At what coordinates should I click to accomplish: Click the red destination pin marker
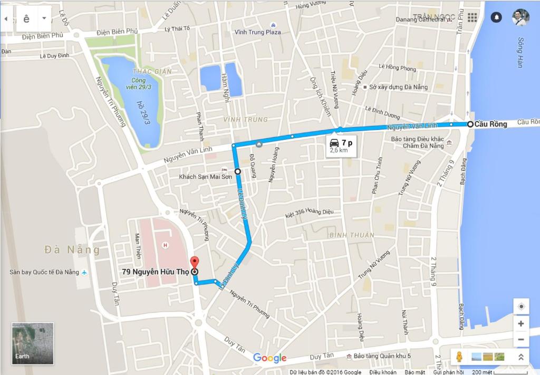click(195, 262)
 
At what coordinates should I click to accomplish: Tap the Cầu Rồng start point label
click(490, 124)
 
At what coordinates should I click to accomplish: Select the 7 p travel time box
click(340, 146)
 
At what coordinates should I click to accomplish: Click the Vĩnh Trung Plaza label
click(273, 32)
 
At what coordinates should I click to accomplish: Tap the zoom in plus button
click(521, 324)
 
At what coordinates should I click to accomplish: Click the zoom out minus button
click(521, 340)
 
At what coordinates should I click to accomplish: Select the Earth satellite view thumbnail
click(33, 343)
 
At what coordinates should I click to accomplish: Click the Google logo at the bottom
click(269, 358)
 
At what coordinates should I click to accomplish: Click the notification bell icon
click(496, 17)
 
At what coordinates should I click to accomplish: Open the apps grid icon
click(472, 17)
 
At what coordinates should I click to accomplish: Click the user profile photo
click(520, 17)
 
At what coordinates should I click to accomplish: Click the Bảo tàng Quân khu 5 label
click(382, 357)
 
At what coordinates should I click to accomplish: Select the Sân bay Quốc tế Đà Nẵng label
click(44, 272)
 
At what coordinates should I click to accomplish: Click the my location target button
click(521, 306)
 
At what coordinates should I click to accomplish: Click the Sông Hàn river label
click(520, 52)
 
